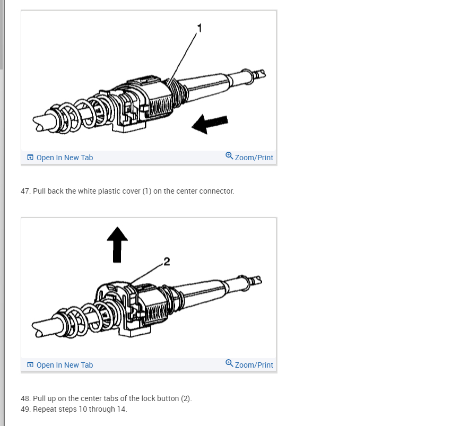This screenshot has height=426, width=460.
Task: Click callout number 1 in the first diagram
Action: point(200,28)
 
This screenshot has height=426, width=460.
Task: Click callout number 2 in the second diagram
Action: point(167,262)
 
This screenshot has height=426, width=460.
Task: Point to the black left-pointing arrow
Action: point(210,124)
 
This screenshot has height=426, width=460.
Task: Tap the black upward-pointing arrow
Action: point(117,245)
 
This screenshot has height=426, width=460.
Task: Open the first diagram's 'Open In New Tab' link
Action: point(65,158)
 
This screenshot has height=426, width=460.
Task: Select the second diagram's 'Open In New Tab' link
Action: point(65,365)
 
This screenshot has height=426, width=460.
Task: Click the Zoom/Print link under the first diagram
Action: point(254,158)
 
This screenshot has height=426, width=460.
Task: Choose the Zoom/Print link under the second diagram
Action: point(254,365)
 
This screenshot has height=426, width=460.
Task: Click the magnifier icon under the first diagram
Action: point(229,156)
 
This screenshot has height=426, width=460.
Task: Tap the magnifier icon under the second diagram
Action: point(229,363)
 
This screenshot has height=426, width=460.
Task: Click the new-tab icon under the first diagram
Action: point(30,157)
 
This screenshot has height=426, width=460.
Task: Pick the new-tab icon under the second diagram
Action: point(30,364)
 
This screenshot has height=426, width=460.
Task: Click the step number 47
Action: point(25,191)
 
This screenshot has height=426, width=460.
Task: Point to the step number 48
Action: point(25,398)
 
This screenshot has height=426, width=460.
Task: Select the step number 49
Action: point(25,409)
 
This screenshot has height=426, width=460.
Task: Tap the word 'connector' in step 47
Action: point(216,191)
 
